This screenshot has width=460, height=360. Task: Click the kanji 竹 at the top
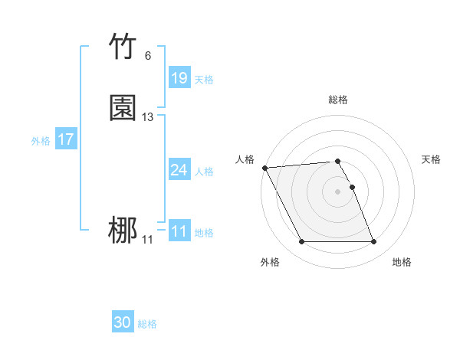(123, 47)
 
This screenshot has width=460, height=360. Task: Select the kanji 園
(123, 108)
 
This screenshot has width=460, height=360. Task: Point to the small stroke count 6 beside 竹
(147, 56)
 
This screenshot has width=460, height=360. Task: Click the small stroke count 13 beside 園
(147, 117)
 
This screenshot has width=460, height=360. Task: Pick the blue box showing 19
(179, 77)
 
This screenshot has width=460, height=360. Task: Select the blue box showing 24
(179, 170)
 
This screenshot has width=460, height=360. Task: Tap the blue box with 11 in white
(179, 231)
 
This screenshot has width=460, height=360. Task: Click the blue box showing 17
(66, 139)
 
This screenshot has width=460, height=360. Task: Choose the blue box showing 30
(123, 322)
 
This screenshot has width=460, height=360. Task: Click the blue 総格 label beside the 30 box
(148, 324)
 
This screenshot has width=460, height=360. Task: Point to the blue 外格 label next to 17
(41, 141)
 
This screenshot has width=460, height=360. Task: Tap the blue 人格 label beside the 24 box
(204, 172)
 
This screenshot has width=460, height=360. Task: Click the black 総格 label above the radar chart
(338, 100)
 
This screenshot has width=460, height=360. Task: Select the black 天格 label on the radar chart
(432, 159)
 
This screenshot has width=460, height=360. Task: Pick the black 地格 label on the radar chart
(402, 263)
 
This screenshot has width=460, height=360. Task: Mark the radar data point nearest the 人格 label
(264, 168)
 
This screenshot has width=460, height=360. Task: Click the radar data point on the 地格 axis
(373, 242)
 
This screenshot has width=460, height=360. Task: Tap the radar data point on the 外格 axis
(301, 242)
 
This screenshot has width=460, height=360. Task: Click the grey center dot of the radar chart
(338, 191)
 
